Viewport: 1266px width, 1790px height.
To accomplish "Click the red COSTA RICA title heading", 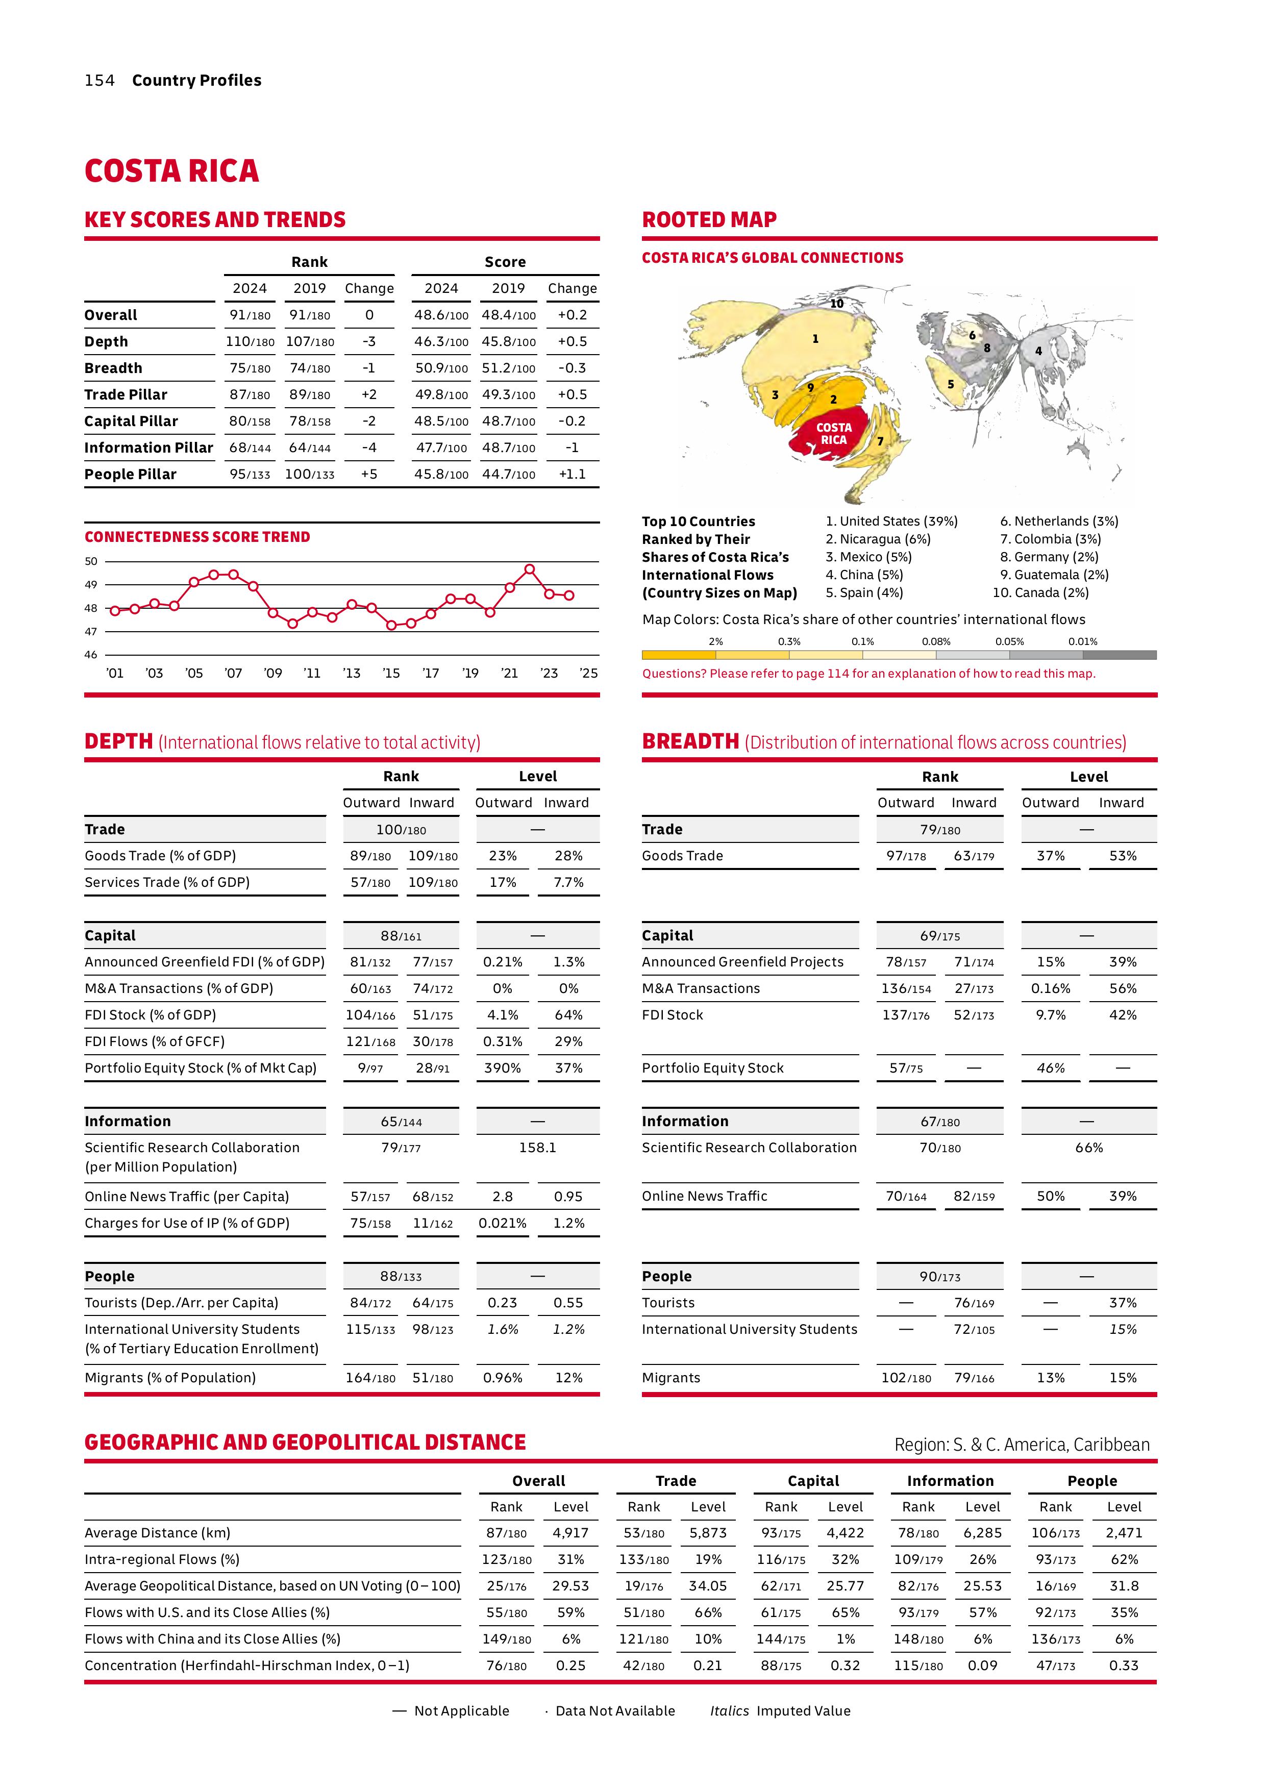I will pos(171,171).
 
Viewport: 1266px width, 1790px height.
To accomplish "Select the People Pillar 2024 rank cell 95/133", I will pos(250,474).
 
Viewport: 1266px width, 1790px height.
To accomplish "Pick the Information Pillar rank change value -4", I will pos(369,448).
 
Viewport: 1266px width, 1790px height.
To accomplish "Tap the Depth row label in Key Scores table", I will pos(106,341).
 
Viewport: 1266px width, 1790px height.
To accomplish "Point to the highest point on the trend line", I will pos(529,569).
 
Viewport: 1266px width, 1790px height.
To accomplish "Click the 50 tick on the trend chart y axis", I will pos(91,561).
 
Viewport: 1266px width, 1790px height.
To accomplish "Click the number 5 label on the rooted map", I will pos(950,384).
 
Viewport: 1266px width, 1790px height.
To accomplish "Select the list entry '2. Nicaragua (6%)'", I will pos(878,539).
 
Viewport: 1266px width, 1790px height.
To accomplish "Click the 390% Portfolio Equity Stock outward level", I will pos(502,1068).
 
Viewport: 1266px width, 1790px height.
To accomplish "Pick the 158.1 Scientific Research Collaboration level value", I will pos(537,1148).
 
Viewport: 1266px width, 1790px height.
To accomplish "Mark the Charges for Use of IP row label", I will pos(187,1223).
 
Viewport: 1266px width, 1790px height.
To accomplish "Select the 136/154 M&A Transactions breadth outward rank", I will pos(905,988).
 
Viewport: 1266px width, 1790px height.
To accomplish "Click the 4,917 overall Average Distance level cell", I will pos(570,1533).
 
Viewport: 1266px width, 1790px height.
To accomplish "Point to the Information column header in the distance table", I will pos(950,1480).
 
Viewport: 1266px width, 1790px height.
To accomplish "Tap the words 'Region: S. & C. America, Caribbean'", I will pos(1021,1445).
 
